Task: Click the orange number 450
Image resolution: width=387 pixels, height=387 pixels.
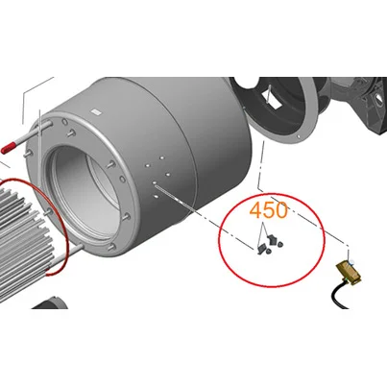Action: pyautogui.click(x=268, y=210)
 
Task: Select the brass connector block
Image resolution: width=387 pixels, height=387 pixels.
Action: pyautogui.click(x=349, y=273)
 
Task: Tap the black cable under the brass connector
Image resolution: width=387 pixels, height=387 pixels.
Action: pyautogui.click(x=340, y=295)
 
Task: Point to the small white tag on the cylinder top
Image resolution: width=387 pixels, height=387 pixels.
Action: pyautogui.click(x=96, y=112)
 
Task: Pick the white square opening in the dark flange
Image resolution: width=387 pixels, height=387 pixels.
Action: pyautogui.click(x=272, y=99)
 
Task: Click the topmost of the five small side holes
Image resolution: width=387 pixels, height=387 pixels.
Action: pyautogui.click(x=161, y=157)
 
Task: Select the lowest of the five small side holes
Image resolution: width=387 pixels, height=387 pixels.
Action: pyautogui.click(x=156, y=196)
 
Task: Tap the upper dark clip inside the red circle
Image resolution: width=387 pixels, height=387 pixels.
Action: pyautogui.click(x=273, y=239)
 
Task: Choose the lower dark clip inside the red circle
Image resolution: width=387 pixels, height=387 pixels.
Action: pyautogui.click(x=261, y=248)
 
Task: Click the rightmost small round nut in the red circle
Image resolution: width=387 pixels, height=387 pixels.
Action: pyautogui.click(x=280, y=245)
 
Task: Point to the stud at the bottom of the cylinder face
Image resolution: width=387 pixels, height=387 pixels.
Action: pyautogui.click(x=111, y=247)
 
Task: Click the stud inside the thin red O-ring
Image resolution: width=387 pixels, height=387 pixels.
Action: pyautogui.click(x=48, y=211)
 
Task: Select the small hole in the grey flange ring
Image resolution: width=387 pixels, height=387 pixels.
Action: pyautogui.click(x=299, y=136)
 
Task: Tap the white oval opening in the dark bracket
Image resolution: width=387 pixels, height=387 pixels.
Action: pyautogui.click(x=378, y=97)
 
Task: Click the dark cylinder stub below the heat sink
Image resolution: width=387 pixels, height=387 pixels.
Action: pyautogui.click(x=51, y=302)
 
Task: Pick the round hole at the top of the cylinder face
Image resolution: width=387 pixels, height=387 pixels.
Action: pyautogui.click(x=64, y=122)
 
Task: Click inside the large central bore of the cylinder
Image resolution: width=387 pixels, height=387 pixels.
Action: pyautogui.click(x=85, y=189)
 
